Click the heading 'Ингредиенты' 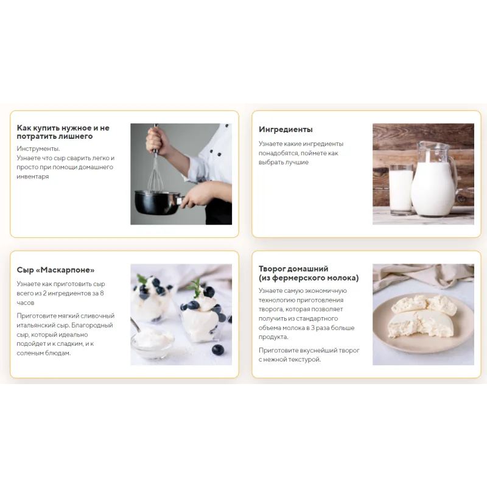[x=286, y=130]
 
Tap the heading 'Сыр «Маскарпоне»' [x=55, y=270]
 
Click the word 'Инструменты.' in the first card [x=38, y=149]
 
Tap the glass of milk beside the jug [x=401, y=190]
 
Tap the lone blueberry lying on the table [x=218, y=349]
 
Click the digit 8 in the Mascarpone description [x=102, y=293]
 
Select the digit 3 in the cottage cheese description [x=312, y=328]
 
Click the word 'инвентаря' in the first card [x=33, y=177]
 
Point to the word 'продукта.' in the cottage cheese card [x=273, y=337]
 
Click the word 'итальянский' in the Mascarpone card [x=34, y=325]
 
